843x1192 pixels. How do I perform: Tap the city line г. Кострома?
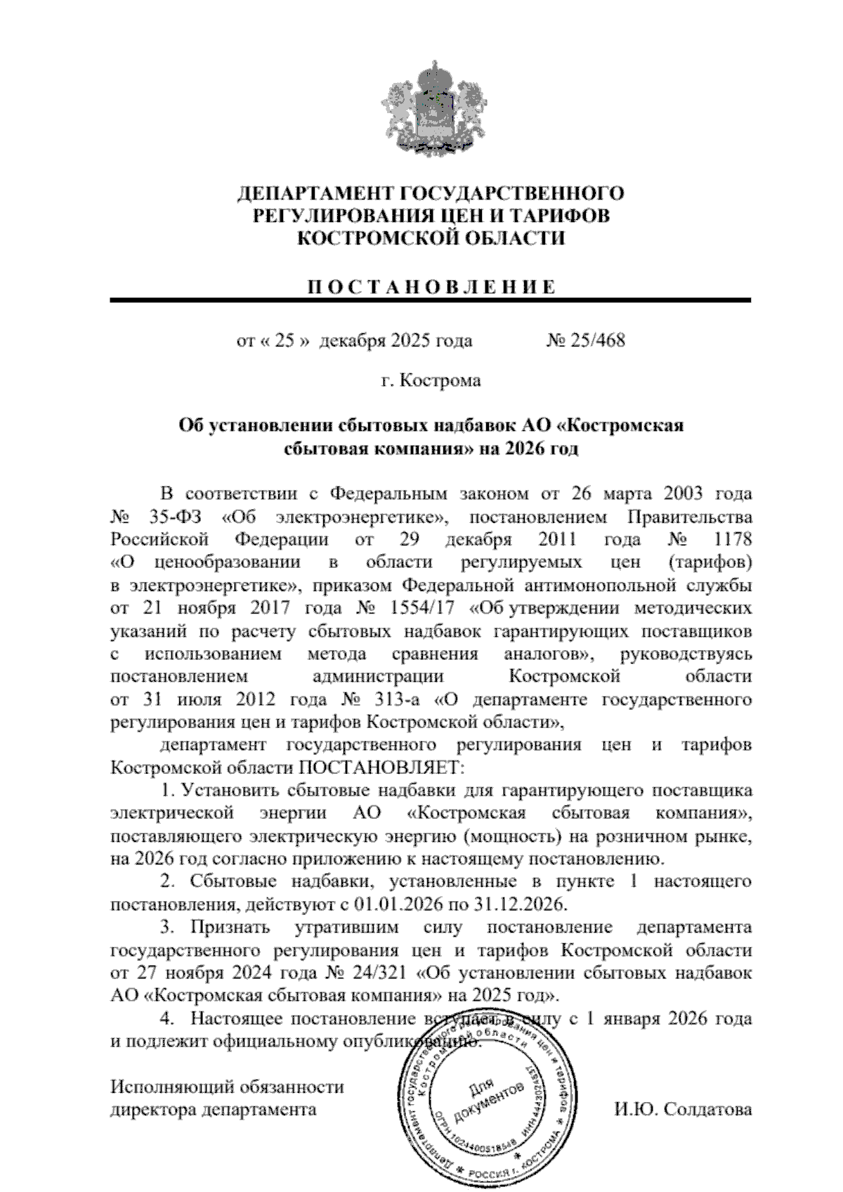[x=431, y=381]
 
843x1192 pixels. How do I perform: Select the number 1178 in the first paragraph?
[x=731, y=540]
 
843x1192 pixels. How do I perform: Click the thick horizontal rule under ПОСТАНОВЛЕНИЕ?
[x=429, y=300]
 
